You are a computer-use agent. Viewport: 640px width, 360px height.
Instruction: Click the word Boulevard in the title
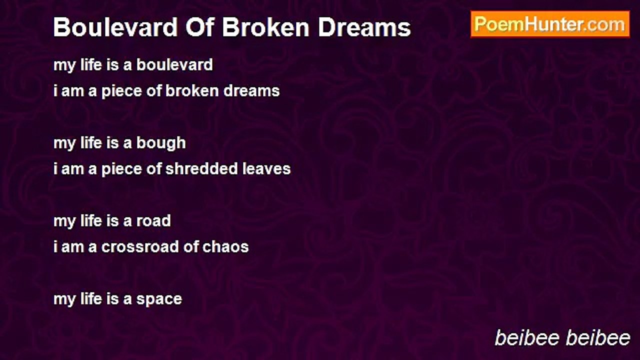tap(115, 27)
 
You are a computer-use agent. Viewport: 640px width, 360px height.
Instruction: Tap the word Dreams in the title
tap(364, 27)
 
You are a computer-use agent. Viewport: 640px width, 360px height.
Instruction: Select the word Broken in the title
tap(265, 27)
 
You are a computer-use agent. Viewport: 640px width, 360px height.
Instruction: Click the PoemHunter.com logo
tap(550, 24)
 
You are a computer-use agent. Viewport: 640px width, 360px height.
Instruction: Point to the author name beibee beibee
tap(562, 338)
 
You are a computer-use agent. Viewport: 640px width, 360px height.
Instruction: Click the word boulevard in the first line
tap(174, 64)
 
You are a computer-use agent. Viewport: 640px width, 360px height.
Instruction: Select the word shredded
tap(201, 168)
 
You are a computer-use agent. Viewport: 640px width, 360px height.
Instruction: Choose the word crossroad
tap(139, 247)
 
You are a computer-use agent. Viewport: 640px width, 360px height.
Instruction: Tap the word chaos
tap(225, 247)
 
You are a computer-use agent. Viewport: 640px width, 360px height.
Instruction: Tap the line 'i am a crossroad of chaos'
tap(151, 247)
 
